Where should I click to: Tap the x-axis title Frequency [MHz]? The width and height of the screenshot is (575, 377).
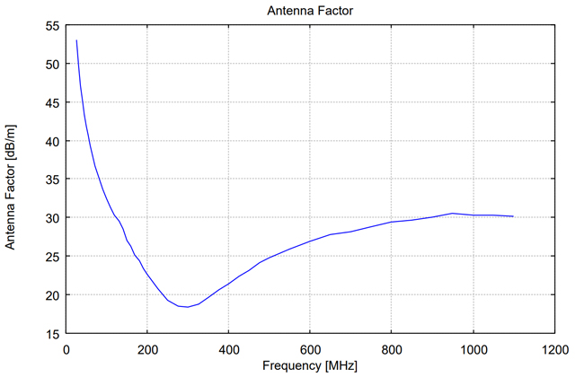coord(309,366)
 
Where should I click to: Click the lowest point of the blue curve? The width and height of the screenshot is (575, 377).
coord(188,307)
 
